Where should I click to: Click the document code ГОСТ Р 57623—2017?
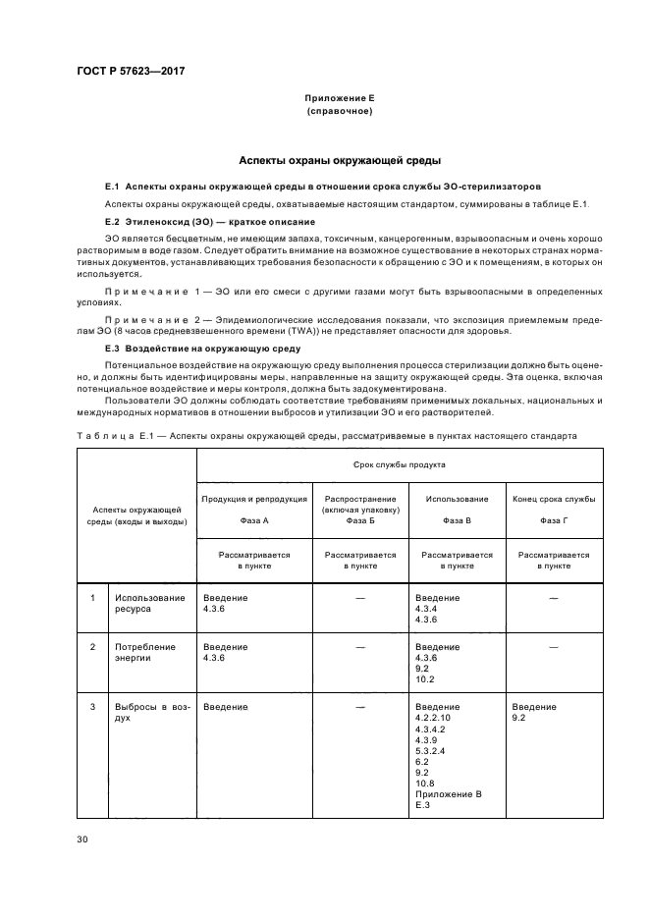[131, 72]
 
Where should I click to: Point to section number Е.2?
[112, 223]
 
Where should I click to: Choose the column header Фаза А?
[253, 520]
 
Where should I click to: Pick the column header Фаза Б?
[359, 520]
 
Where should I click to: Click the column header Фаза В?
[457, 520]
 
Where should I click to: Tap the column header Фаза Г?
[554, 520]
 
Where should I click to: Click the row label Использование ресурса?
[149, 603]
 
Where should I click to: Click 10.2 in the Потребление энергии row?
[424, 679]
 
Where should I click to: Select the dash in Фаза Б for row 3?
[359, 707]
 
